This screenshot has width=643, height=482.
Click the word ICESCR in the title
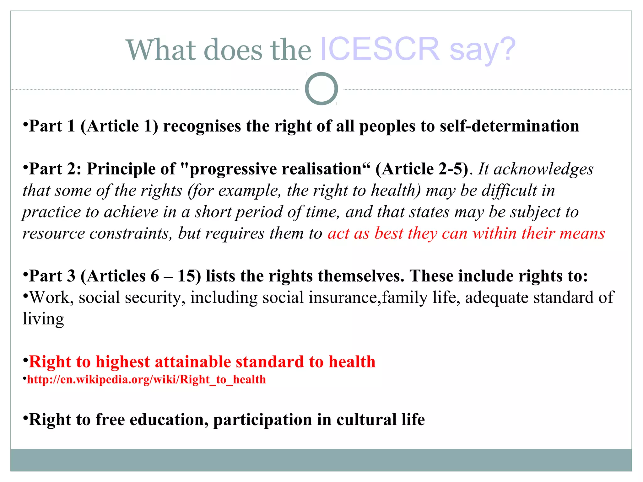point(379,49)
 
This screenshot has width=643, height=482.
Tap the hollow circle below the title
point(321,89)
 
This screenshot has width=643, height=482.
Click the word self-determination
point(509,126)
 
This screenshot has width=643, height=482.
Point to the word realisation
point(326,169)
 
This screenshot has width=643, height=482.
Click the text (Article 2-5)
point(422,169)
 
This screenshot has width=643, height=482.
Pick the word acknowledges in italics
point(543,169)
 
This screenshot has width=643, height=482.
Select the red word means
point(582,233)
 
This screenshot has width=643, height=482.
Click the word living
point(43,319)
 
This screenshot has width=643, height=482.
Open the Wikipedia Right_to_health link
point(146,380)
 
